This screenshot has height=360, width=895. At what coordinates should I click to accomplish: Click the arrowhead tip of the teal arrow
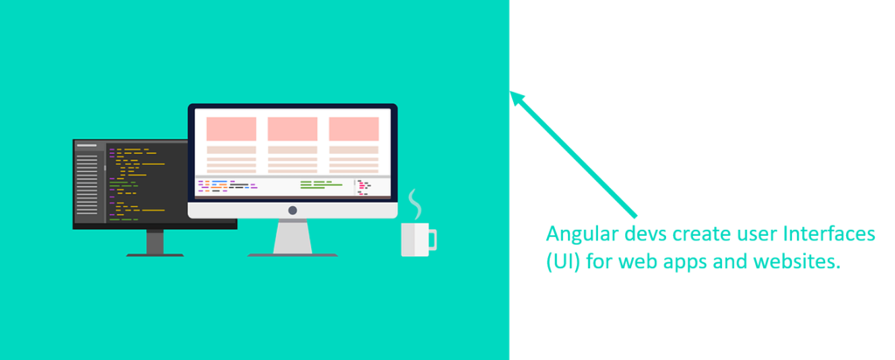510,91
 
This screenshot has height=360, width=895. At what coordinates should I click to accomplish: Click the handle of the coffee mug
432,239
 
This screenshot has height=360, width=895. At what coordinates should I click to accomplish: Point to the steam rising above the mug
414,204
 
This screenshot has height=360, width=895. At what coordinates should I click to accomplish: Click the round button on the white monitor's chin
292,210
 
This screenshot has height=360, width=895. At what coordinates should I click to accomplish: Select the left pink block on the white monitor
231,129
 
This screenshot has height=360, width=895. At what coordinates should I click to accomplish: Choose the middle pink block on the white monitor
292,129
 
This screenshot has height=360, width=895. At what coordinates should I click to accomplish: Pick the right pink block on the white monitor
353,129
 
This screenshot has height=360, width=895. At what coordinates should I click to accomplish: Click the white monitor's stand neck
293,236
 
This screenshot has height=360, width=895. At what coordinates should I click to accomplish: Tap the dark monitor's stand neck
155,242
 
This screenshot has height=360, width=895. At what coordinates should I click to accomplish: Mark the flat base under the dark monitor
155,255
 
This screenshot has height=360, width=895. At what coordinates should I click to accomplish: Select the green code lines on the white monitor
321,184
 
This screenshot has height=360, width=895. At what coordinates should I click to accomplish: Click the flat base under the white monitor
293,255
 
